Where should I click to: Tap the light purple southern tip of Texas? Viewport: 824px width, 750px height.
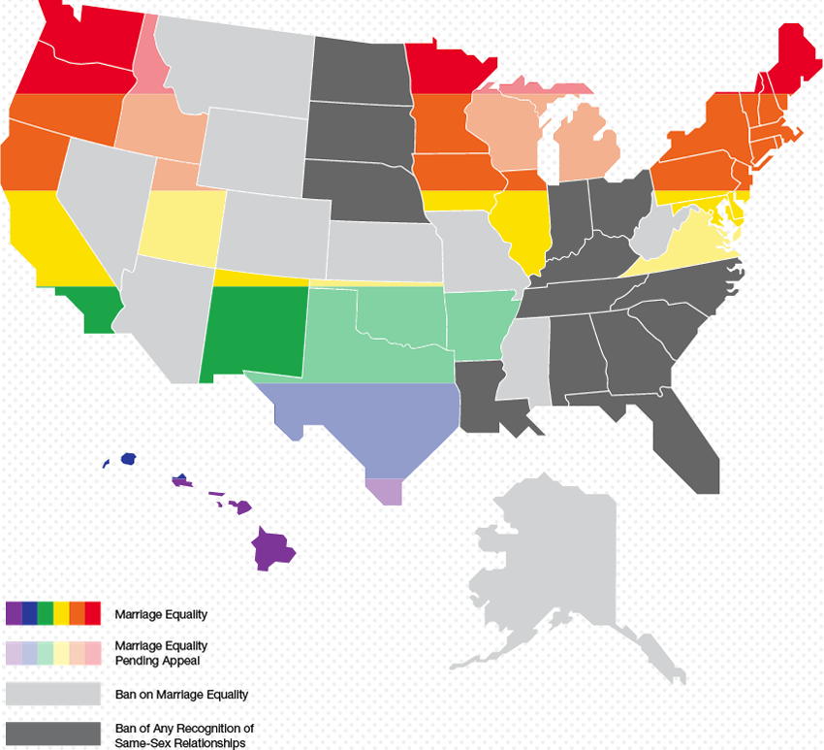tap(384, 491)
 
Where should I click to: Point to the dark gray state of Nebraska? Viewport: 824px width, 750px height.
tap(359, 189)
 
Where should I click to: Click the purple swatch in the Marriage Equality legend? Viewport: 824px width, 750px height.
tap(14, 613)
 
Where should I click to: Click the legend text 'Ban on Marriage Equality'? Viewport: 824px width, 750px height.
tap(181, 694)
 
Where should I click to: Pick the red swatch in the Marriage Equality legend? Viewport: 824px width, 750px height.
tap(93, 613)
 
